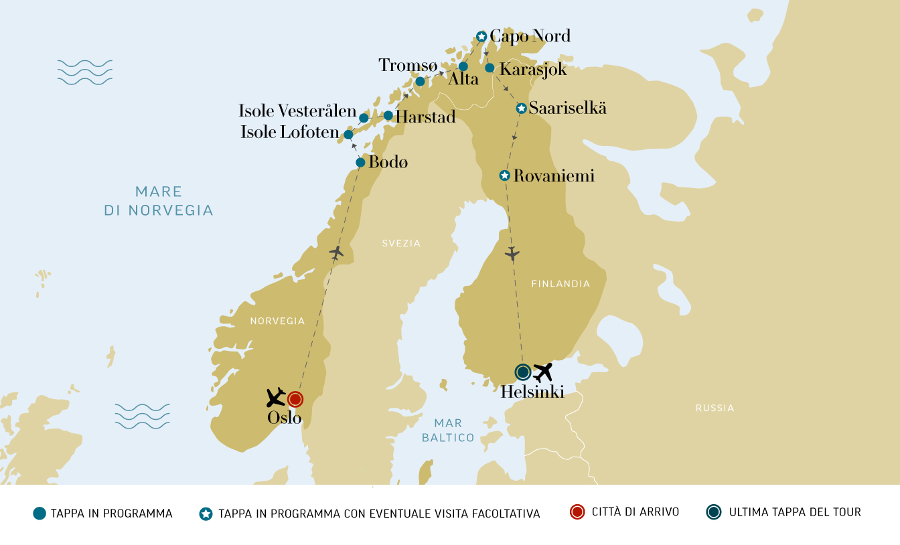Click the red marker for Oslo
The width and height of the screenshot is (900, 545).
(295, 400)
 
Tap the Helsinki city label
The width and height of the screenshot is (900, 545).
(532, 392)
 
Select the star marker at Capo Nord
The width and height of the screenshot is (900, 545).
(481, 36)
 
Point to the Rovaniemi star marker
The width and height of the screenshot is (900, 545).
(505, 175)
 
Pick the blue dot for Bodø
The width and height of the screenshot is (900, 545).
(360, 163)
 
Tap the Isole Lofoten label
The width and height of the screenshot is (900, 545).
(290, 133)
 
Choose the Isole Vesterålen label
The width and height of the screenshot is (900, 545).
(297, 111)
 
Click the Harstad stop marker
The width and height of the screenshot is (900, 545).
(388, 116)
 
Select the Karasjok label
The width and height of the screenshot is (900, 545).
(533, 69)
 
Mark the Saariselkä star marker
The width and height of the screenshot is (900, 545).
(521, 108)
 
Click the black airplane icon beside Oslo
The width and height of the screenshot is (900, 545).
(275, 398)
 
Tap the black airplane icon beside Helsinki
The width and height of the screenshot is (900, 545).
(543, 372)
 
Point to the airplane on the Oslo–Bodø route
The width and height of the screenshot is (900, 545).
(337, 252)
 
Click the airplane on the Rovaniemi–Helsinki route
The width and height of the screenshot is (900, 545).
(512, 254)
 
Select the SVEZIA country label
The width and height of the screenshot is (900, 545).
(401, 244)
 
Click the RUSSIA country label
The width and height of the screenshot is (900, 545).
(715, 408)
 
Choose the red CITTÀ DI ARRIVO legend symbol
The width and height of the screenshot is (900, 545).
(578, 513)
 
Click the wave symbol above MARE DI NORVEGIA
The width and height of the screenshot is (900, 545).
(84, 72)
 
